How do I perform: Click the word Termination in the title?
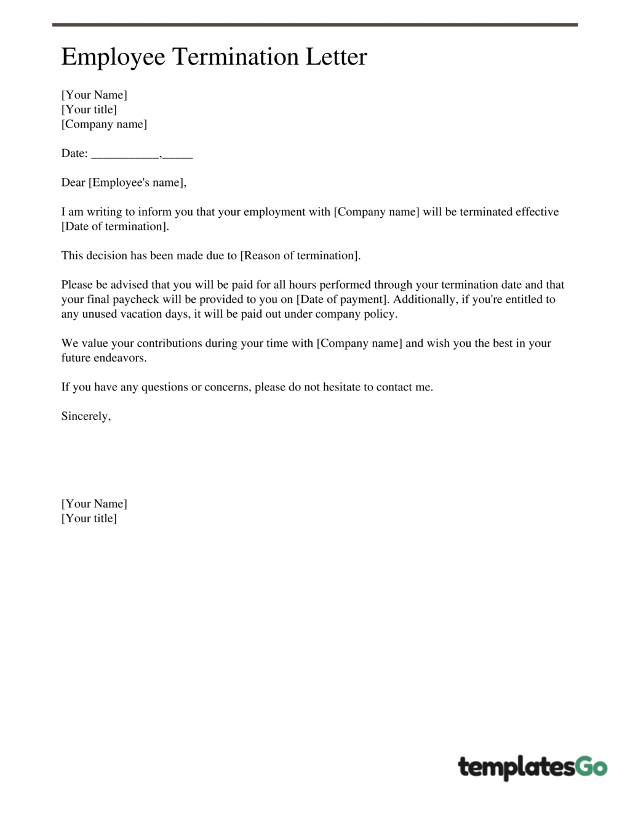(x=236, y=57)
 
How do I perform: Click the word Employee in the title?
(x=113, y=57)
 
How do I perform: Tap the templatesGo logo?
(x=532, y=767)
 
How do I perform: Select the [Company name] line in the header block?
(x=104, y=124)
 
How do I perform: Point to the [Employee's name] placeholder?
(x=137, y=183)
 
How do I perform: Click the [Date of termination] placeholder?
(x=115, y=227)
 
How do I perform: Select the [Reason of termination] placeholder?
(x=300, y=256)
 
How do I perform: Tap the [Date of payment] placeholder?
(x=343, y=299)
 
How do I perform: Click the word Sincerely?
(x=86, y=416)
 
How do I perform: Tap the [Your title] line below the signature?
(x=89, y=519)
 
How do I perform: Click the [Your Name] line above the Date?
(x=94, y=95)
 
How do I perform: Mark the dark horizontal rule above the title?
(x=314, y=25)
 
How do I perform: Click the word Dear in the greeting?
(x=73, y=183)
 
